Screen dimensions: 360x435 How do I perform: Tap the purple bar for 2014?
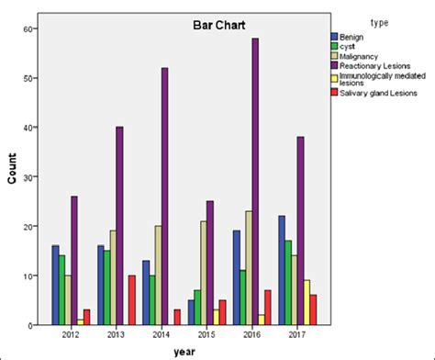[164, 197]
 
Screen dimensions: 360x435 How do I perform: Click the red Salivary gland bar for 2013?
[132, 300]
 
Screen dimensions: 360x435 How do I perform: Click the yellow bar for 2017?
[307, 302]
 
